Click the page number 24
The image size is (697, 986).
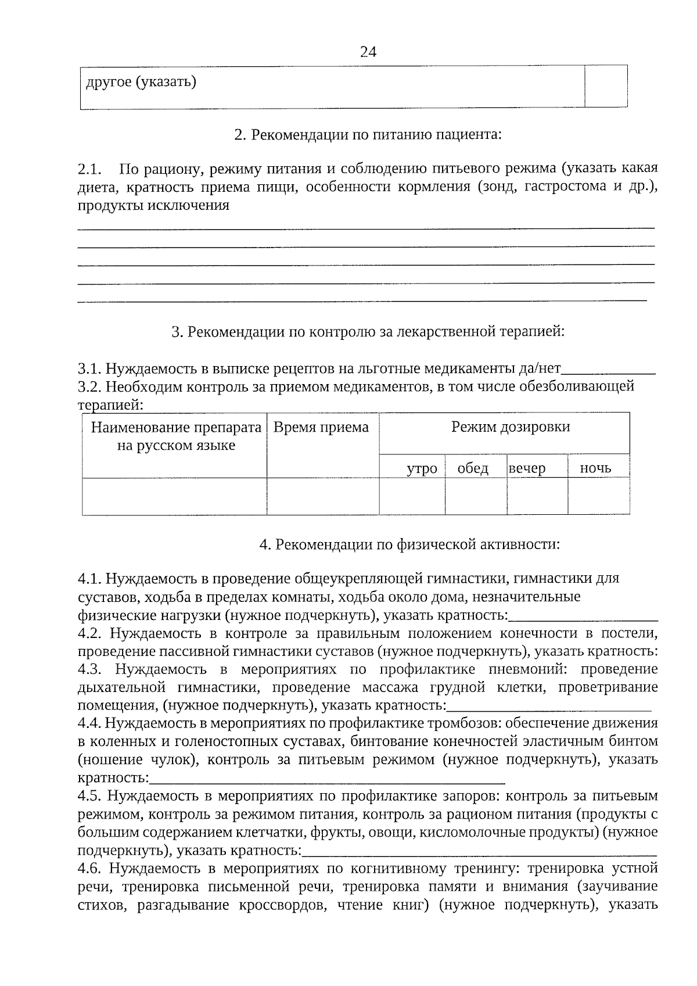[368, 52]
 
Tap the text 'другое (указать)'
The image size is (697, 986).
[141, 82]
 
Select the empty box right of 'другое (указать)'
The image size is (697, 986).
[606, 86]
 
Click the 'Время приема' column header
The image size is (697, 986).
[321, 428]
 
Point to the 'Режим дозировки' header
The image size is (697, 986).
[511, 427]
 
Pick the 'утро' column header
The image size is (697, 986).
[422, 468]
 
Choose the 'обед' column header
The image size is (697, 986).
[473, 468]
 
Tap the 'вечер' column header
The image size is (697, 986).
[527, 468]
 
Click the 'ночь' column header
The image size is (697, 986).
[595, 468]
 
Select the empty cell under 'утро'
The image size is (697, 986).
[412, 496]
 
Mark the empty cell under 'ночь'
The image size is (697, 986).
[598, 496]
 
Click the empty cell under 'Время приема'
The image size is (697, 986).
[323, 496]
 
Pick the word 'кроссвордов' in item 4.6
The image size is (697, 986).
[276, 905]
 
